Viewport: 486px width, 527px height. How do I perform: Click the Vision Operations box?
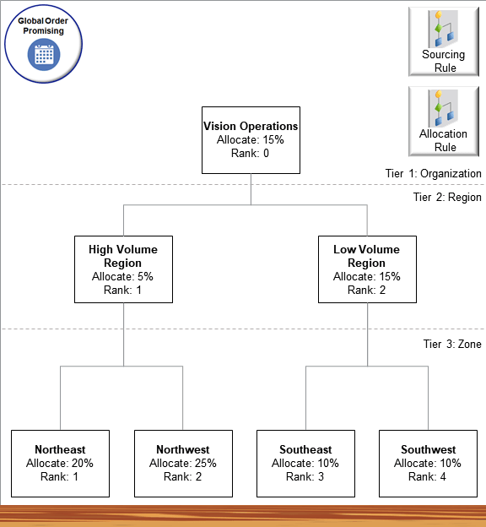point(251,139)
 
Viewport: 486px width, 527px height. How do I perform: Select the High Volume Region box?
point(123,269)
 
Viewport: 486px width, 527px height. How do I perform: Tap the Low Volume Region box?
point(366,269)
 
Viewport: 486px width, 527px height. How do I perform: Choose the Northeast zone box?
point(60,463)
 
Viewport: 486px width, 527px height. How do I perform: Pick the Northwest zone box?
point(182,463)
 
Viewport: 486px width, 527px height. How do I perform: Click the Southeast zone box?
point(305,463)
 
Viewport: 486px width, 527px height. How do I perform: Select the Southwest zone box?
point(428,463)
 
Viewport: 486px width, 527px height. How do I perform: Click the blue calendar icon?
point(44,55)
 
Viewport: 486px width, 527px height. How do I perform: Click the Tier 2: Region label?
point(446,198)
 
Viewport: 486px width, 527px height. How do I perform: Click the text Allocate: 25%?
point(182,463)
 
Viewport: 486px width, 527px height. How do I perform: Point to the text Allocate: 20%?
point(60,463)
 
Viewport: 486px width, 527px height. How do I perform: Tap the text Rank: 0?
point(251,153)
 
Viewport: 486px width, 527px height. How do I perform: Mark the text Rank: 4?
point(428,476)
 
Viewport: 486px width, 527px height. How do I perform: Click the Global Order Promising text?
point(44,25)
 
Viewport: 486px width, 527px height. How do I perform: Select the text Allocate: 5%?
point(123,276)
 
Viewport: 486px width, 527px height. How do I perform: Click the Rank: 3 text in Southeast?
point(305,476)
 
